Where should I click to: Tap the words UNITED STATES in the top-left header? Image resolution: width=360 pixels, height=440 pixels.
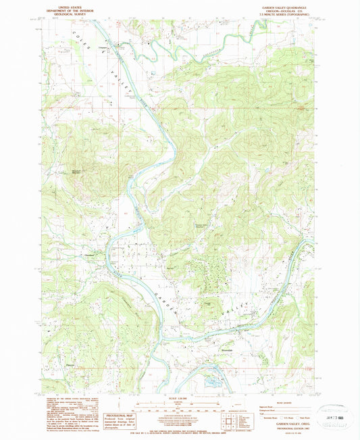click(59, 4)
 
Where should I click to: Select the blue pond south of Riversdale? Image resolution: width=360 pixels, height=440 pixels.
click(211, 381)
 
